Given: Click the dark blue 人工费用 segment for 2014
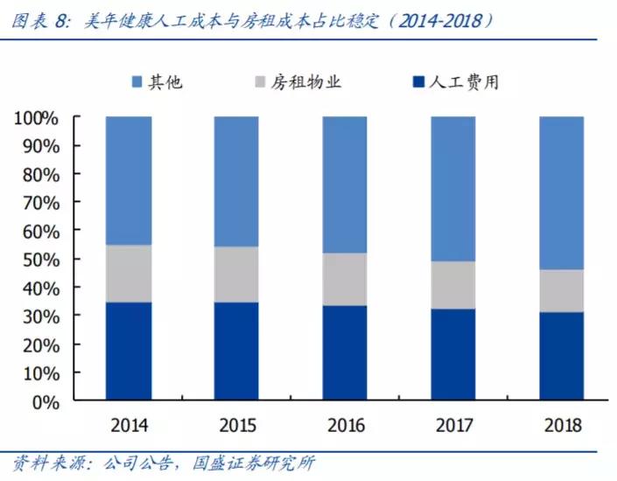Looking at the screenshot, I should pos(129,352).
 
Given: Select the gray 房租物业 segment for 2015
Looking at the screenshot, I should pos(236,274).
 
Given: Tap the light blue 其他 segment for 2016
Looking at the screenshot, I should pos(345,185).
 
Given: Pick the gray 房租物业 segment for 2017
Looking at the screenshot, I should pos(453,284).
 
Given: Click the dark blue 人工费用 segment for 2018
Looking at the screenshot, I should pos(561,356).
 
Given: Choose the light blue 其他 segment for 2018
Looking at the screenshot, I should pos(561,192).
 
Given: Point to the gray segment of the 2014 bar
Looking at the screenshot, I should pos(129,273).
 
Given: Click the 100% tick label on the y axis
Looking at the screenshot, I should pos(35,118).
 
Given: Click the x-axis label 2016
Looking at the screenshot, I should pos(345,426).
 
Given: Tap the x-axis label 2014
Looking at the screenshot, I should pos(129,426).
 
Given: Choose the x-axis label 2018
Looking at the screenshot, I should pos(561,426).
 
